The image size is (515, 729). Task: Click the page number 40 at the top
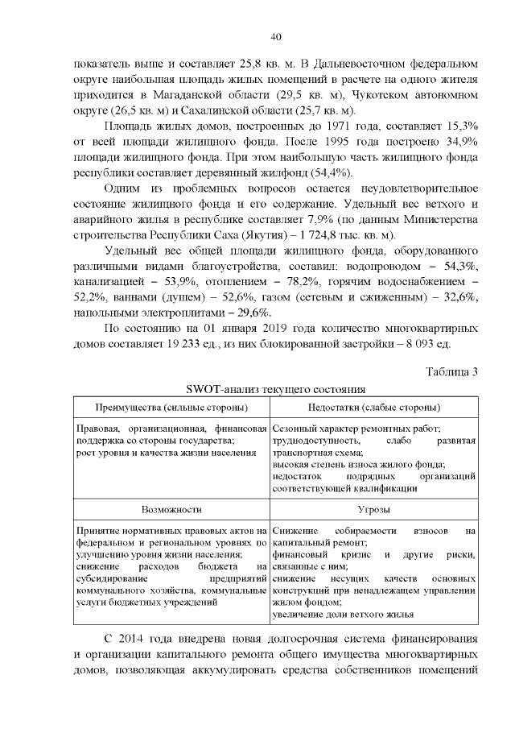coord(275,36)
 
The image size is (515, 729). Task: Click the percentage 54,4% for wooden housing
coord(329,175)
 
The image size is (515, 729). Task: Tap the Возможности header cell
coord(171,510)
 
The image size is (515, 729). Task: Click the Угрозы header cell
coord(373,510)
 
